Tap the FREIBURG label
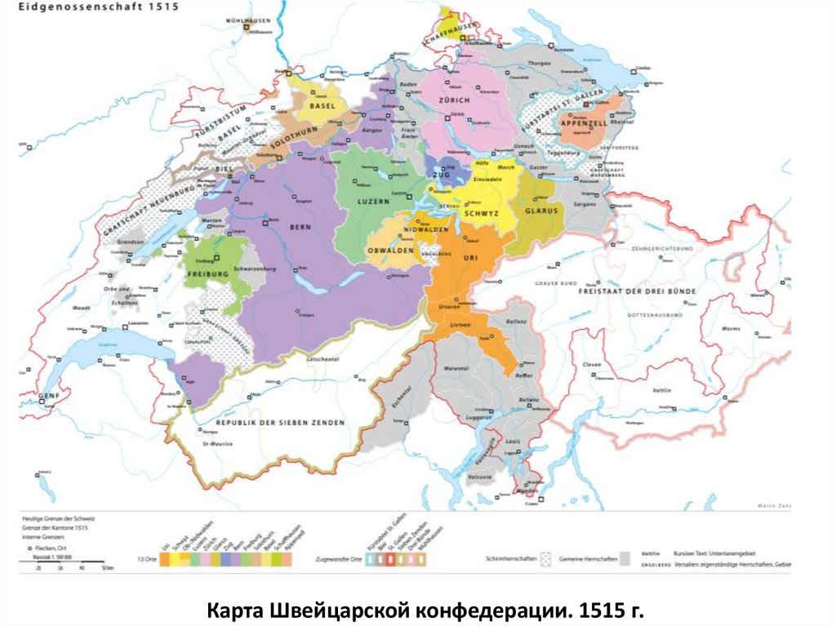208,275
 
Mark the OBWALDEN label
390,249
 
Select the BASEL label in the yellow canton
322,106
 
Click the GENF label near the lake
50,397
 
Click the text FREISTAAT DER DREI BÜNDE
637,291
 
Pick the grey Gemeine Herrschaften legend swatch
625,559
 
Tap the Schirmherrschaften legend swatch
546,559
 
